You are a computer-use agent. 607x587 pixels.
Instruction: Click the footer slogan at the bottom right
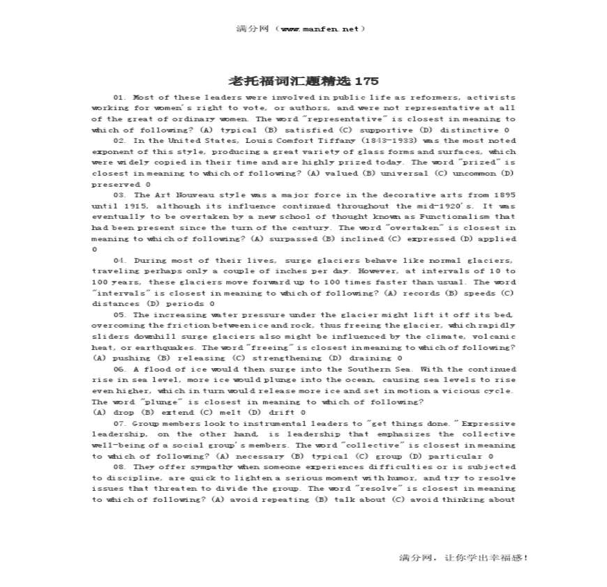point(463,558)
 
